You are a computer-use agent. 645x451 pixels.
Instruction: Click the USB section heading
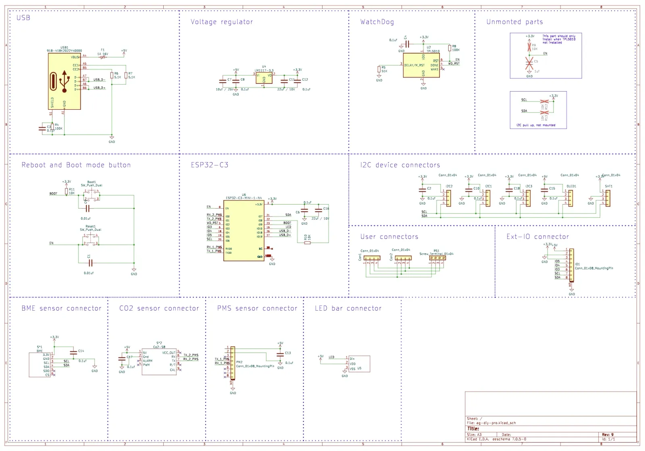(23, 18)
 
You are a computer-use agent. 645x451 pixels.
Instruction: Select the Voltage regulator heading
(222, 22)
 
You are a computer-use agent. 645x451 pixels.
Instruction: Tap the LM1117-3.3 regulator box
(264, 78)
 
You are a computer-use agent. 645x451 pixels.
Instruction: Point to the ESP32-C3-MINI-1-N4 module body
(244, 230)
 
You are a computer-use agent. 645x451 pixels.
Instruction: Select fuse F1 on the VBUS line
(103, 57)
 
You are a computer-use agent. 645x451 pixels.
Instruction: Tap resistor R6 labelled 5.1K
(112, 75)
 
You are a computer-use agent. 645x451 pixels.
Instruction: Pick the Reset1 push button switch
(90, 241)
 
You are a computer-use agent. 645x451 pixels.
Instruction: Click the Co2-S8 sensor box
(159, 362)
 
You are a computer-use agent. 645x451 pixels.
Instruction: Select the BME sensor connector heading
(61, 309)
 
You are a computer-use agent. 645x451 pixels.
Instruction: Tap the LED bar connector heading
(348, 309)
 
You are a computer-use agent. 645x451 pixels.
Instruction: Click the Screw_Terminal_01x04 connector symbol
(437, 258)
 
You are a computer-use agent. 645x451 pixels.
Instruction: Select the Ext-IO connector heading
(537, 237)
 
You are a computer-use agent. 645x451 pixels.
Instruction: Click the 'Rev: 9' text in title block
(608, 435)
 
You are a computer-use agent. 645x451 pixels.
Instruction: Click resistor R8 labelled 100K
(449, 48)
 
